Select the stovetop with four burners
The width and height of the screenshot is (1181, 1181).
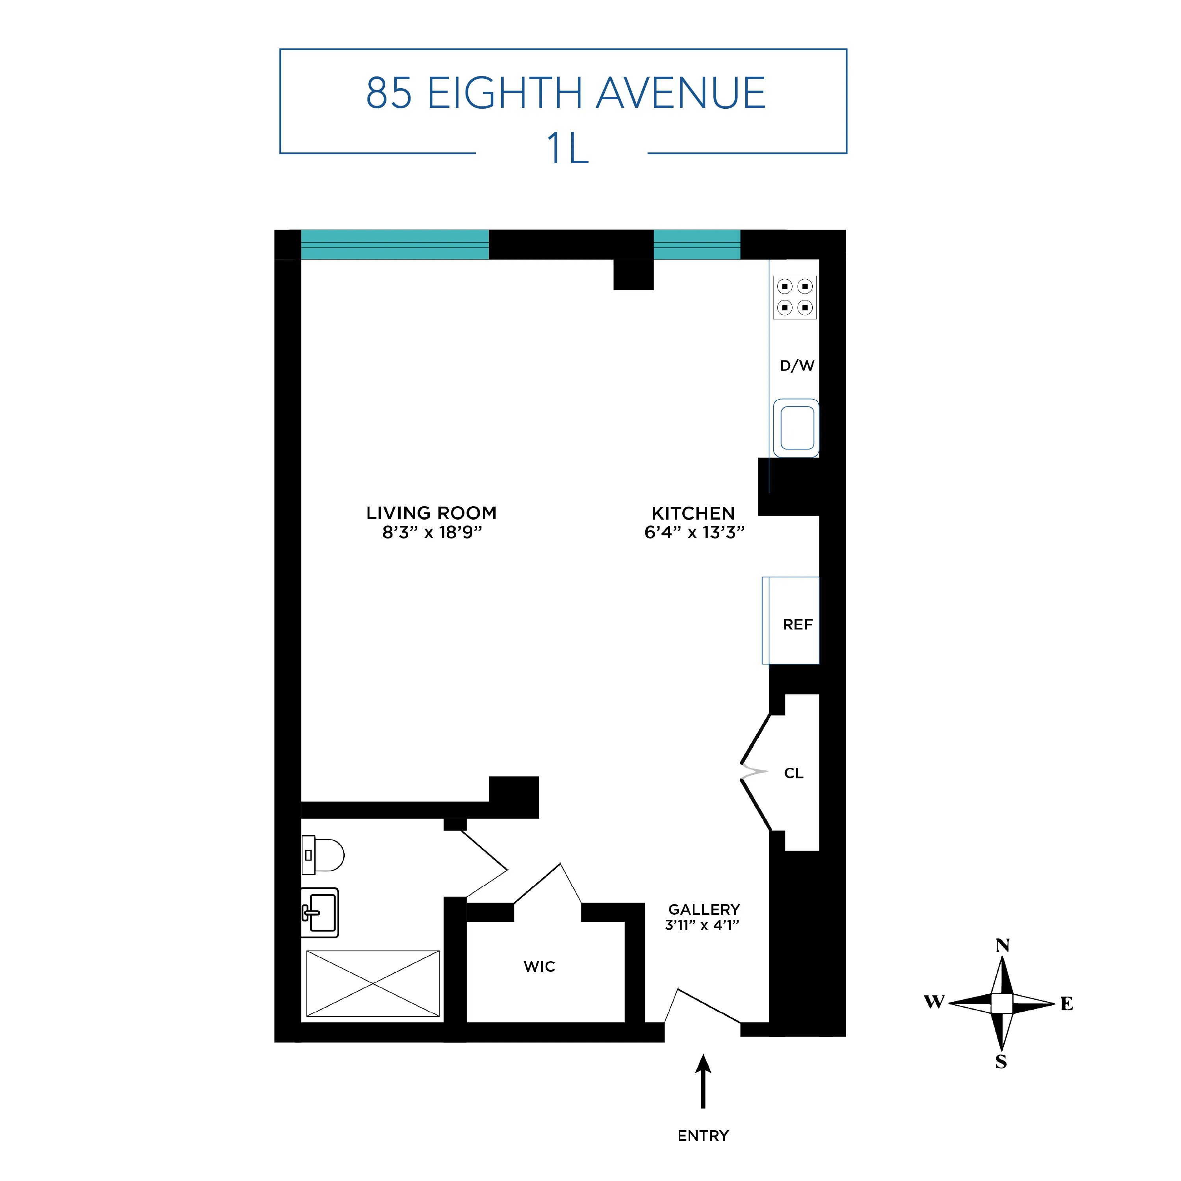click(795, 297)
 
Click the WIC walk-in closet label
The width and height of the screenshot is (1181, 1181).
click(539, 966)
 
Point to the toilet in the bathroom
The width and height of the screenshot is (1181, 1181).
click(324, 854)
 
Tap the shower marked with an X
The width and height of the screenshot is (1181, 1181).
click(373, 984)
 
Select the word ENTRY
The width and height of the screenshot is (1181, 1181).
click(703, 1136)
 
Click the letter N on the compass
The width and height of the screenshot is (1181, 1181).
click(1003, 946)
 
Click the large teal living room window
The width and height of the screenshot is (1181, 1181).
click(395, 245)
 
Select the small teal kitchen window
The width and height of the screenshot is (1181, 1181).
click(697, 245)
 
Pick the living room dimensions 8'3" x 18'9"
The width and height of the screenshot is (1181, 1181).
click(432, 533)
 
